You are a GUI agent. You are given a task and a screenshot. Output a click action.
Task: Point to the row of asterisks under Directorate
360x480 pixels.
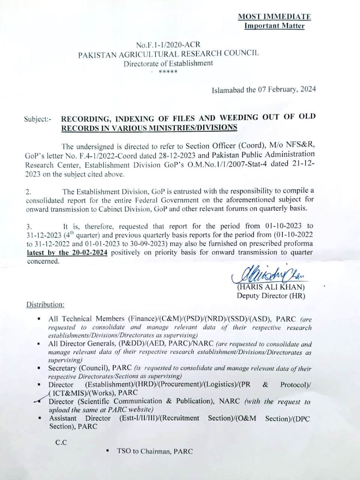pyautogui.click(x=165, y=71)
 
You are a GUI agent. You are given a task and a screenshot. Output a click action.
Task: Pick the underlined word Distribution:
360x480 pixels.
pyautogui.click(x=45, y=305)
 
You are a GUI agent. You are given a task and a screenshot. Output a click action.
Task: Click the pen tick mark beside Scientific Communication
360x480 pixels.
pyautogui.click(x=41, y=400)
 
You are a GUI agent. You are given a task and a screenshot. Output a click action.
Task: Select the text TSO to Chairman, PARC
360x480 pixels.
pyautogui.click(x=155, y=451)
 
